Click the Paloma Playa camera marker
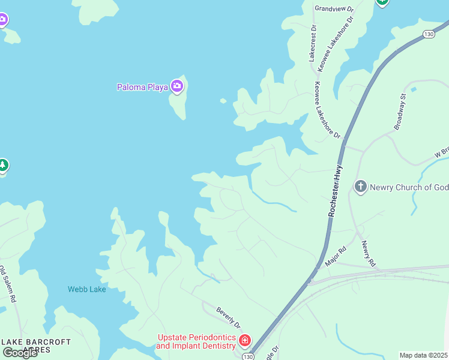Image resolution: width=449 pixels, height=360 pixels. tap(176, 86)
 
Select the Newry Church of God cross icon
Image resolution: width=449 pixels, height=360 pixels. tap(360, 187)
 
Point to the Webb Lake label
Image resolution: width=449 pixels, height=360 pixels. tap(86, 289)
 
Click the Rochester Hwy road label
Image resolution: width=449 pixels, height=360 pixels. tap(335, 190)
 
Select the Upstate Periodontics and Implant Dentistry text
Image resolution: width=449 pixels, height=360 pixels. tap(196, 341)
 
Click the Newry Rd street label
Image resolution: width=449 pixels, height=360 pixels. tap(368, 254)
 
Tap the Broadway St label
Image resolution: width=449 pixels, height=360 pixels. tap(400, 112)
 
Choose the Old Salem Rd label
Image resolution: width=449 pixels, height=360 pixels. tap(8, 284)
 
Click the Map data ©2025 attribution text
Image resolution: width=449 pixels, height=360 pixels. tap(423, 355)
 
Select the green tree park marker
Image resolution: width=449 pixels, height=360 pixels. tap(3, 165)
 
